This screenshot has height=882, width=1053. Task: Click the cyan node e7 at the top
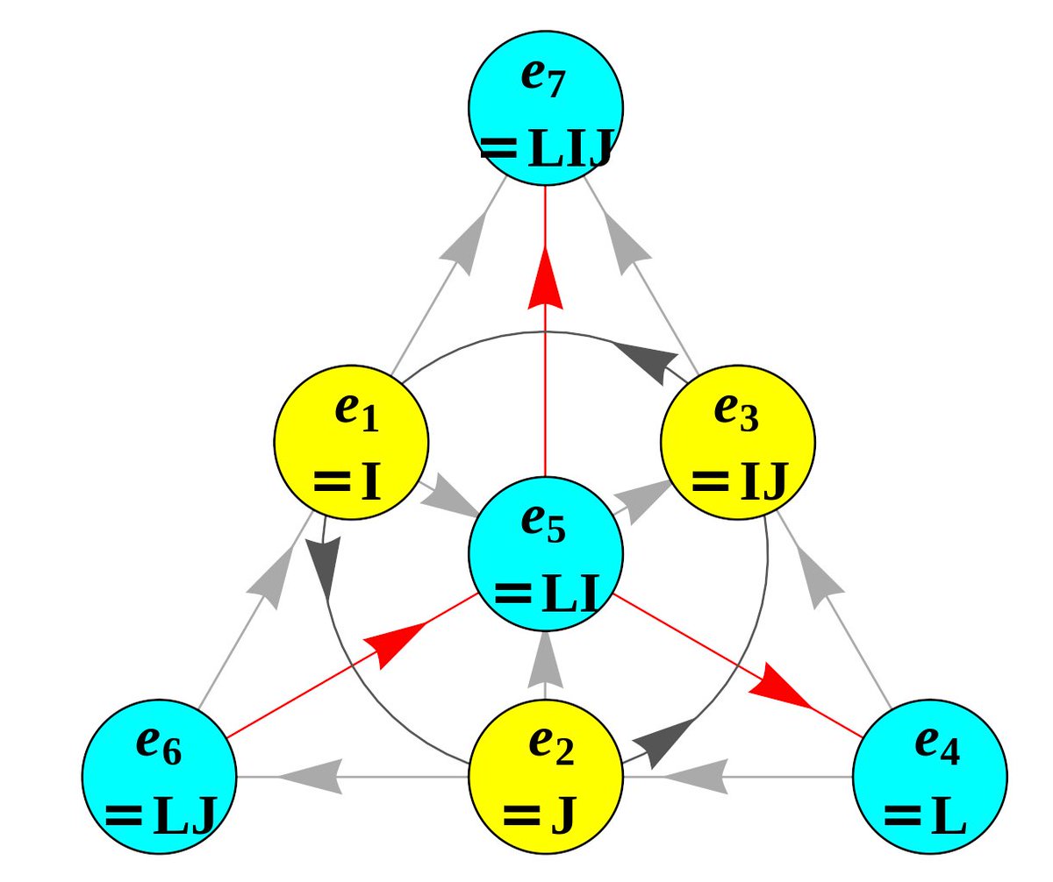[x=546, y=108]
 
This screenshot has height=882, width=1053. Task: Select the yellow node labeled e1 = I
[x=351, y=443]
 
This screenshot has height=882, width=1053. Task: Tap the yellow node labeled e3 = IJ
[x=738, y=443]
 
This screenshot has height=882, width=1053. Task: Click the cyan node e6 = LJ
[x=160, y=776]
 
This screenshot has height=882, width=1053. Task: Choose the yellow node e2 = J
[x=546, y=776]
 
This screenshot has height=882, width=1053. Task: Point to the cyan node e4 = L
[x=930, y=776]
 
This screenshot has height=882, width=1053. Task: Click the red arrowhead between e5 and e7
[x=546, y=279]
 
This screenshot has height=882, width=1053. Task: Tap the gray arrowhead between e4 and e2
[x=695, y=776]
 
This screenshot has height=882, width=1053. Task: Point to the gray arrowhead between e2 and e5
[x=546, y=659]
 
